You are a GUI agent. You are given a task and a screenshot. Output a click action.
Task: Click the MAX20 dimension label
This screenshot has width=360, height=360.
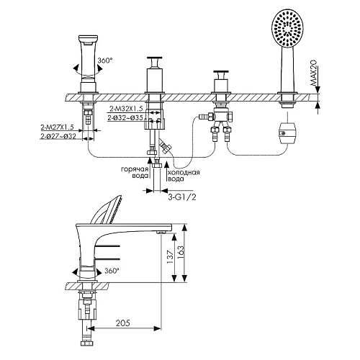point(313,73)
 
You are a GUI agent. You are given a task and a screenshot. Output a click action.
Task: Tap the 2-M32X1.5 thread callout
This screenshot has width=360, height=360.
point(126,109)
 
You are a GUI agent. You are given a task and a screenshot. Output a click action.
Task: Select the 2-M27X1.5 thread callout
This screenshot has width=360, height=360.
point(57,127)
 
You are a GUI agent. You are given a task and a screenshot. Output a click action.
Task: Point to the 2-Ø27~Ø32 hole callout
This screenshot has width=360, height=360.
point(58,136)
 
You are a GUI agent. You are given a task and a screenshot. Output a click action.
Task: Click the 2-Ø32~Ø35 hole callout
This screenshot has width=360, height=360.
point(125,118)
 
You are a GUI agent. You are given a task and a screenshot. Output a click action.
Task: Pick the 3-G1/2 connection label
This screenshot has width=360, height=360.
point(182,197)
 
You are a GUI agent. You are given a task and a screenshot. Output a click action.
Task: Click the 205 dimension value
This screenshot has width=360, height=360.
point(123,323)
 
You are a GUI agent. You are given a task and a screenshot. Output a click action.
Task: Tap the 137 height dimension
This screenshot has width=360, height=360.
point(170,257)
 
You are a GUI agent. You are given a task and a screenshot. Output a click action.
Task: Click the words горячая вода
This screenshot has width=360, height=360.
point(135,172)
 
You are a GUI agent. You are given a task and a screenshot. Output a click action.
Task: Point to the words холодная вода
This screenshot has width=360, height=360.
point(184,176)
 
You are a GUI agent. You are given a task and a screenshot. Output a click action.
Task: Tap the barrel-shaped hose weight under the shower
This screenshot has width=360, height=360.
point(287,133)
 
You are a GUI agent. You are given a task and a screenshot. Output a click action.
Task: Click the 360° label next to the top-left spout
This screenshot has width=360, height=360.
point(105,60)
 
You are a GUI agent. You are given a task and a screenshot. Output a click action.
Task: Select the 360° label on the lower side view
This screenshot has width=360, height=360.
point(112,271)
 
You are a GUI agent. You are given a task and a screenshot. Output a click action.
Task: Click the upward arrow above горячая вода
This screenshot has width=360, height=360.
point(149,167)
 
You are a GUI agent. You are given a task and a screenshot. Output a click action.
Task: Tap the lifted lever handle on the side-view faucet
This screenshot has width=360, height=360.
point(106,210)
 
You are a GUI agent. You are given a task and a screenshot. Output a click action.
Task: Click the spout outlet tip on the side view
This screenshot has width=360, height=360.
point(160,232)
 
